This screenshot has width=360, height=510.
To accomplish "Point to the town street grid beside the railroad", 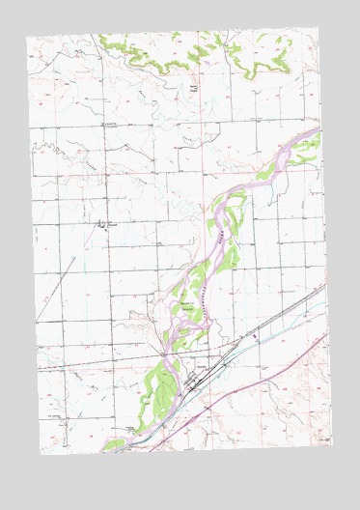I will [195, 380].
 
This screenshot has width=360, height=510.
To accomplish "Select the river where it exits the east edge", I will [316, 130].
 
